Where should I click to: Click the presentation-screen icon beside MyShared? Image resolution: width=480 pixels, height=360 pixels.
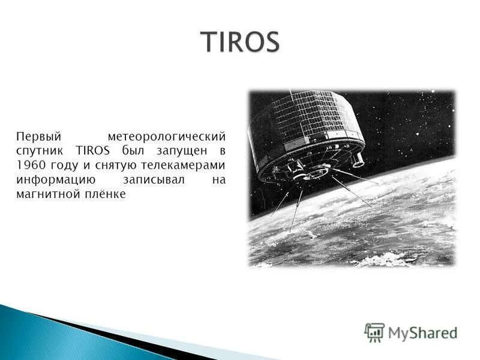coord(374,332)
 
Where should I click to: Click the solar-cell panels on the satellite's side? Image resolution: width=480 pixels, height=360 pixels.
coord(312,117)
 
